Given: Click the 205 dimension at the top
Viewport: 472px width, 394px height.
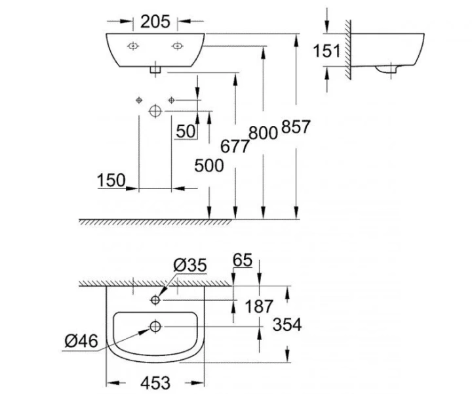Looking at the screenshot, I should (155, 21).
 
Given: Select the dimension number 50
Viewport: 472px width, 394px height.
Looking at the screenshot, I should (186, 131).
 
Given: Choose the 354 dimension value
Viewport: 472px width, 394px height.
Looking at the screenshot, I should (286, 324).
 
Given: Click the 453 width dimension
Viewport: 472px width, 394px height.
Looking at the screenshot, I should (155, 382).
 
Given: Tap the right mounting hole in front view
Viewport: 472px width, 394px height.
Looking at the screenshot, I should (176, 46).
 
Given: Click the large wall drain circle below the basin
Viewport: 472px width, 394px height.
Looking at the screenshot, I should (155, 110).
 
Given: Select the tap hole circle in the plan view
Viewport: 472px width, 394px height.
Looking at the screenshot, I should (155, 300).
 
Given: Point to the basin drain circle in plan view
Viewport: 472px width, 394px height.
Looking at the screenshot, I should (155, 326).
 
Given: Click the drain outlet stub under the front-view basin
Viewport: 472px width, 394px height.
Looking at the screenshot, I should (155, 68).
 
